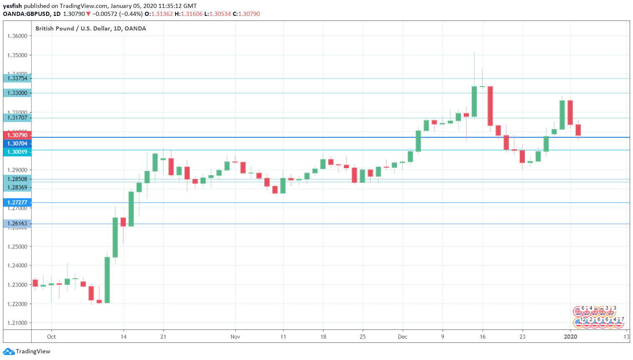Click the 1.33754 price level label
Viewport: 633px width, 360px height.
[x=17, y=78]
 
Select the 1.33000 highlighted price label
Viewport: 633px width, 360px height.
[x=17, y=93]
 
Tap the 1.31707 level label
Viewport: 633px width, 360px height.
[x=17, y=117]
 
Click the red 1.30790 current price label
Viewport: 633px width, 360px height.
[x=17, y=135]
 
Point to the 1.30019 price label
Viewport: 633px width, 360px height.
[x=17, y=152]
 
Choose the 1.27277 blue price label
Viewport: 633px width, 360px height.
[x=17, y=202]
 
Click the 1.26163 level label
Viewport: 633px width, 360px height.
[x=17, y=223]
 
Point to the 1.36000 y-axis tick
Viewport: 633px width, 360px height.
[x=17, y=36]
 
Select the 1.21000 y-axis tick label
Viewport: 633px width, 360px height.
[x=17, y=323]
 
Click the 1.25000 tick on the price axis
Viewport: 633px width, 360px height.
[x=17, y=247]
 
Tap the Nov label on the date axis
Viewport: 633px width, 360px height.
[x=235, y=337]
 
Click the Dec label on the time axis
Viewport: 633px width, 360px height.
[x=402, y=337]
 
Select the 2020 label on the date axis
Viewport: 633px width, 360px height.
[x=570, y=337]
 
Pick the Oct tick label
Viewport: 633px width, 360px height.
[x=51, y=337]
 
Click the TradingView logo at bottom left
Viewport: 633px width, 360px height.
[x=27, y=351]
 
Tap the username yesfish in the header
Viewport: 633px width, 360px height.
[x=12, y=6]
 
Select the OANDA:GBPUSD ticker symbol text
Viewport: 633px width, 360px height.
[x=26, y=14]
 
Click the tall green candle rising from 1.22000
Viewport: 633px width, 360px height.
[x=107, y=279]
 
